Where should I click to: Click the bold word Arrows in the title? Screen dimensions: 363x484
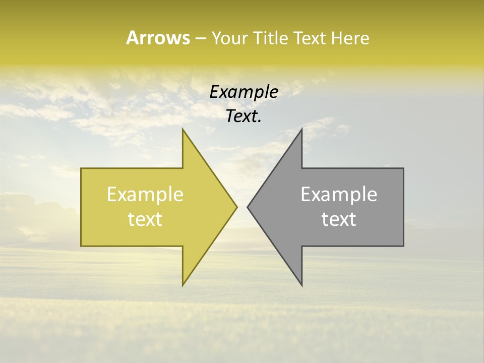(x=158, y=38)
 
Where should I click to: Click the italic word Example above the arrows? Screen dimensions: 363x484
(x=244, y=92)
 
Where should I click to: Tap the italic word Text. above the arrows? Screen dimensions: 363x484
(x=244, y=116)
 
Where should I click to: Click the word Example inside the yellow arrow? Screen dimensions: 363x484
(x=145, y=195)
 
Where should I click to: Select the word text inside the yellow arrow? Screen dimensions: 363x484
(x=145, y=219)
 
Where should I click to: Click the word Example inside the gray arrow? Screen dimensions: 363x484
(x=339, y=195)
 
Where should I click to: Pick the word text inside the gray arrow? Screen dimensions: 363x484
(x=339, y=219)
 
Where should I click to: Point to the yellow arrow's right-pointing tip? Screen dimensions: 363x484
(x=237, y=207)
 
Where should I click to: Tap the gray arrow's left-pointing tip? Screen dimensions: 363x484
(x=248, y=207)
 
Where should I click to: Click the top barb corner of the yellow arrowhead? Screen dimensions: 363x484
(x=183, y=129)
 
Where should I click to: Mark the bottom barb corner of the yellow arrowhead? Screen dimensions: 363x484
(x=183, y=285)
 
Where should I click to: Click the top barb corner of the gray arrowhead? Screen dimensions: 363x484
(x=301, y=129)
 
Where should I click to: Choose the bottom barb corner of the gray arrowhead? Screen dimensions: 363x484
(x=301, y=285)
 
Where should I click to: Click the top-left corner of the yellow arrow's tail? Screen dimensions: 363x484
(x=81, y=168)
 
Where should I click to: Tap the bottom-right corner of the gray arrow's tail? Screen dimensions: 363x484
(x=403, y=246)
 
